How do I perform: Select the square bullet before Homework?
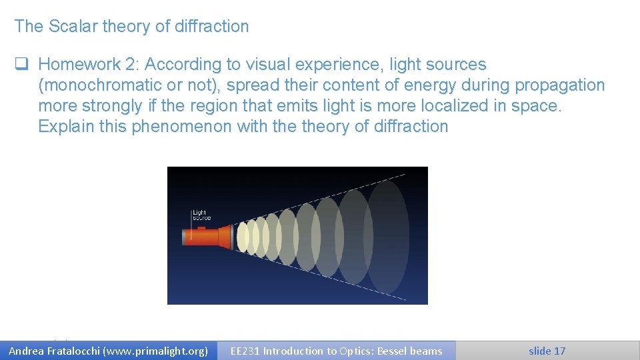click(21, 65)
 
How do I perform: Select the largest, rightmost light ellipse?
click(387, 237)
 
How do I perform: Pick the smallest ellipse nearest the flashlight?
click(243, 237)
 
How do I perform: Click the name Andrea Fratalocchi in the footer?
click(53, 351)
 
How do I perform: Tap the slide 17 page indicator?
click(547, 351)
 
